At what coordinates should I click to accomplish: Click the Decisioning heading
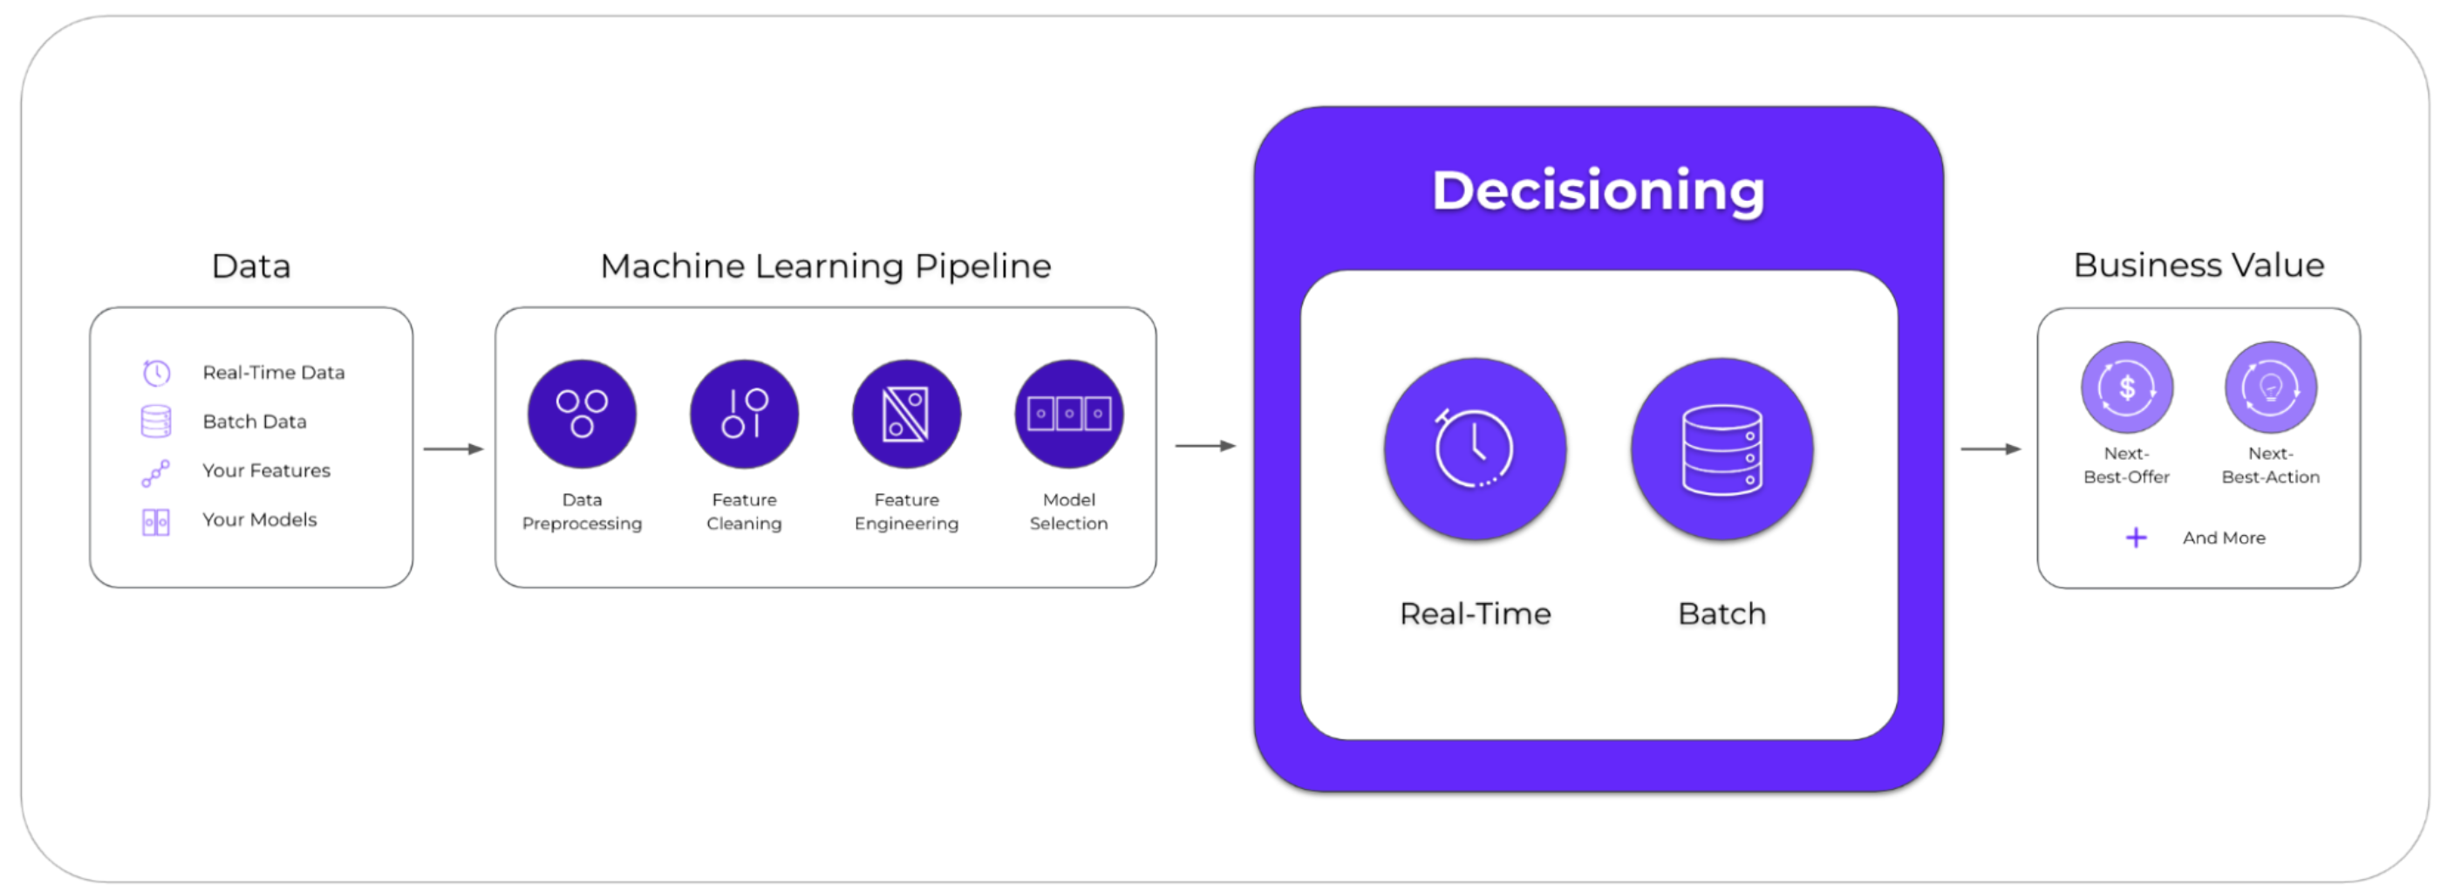pyautogui.click(x=1599, y=190)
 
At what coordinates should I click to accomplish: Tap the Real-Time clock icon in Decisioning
pyautogui.click(x=1475, y=449)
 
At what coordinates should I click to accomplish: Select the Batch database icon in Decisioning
pyautogui.click(x=1721, y=449)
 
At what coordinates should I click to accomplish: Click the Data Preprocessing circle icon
pyautogui.click(x=582, y=414)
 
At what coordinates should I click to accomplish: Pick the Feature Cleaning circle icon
pyautogui.click(x=744, y=414)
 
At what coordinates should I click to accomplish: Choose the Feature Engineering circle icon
pyautogui.click(x=906, y=414)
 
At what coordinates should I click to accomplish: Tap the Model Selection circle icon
pyautogui.click(x=1069, y=414)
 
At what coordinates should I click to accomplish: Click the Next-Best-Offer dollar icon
pyautogui.click(x=2127, y=387)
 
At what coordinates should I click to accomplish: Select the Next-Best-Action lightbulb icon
pyautogui.click(x=2271, y=387)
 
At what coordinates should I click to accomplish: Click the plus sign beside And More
pyautogui.click(x=2137, y=538)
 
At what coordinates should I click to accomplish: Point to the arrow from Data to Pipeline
pyautogui.click(x=453, y=449)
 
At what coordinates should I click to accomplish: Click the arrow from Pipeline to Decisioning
pyautogui.click(x=1205, y=445)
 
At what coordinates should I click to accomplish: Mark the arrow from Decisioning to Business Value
pyautogui.click(x=1990, y=449)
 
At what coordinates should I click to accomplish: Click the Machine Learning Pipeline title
pyautogui.click(x=826, y=266)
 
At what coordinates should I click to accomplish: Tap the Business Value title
pyautogui.click(x=2198, y=265)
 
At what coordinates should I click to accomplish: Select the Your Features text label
pyautogui.click(x=266, y=470)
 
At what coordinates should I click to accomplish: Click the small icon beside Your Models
pyautogui.click(x=156, y=522)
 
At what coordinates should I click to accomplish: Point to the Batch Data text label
pyautogui.click(x=255, y=422)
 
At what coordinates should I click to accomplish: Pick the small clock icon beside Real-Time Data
pyautogui.click(x=156, y=372)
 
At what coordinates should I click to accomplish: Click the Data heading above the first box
pyautogui.click(x=251, y=266)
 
